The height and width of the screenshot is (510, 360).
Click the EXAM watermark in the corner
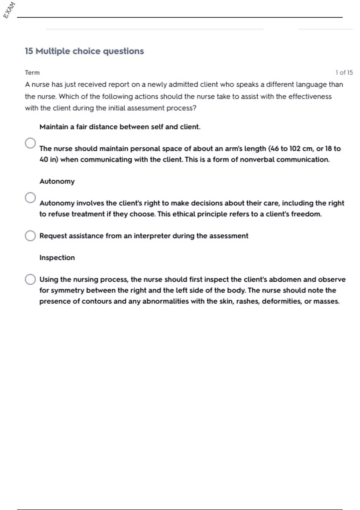coord(9,10)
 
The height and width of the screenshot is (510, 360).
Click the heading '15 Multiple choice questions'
coord(84,51)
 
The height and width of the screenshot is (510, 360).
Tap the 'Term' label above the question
coord(32,73)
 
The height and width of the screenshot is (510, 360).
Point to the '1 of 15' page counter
coord(344,73)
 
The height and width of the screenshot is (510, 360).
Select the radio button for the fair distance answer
coord(30,143)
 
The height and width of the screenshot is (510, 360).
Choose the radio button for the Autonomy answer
coord(30,198)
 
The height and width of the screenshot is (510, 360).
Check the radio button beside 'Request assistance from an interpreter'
coord(30,236)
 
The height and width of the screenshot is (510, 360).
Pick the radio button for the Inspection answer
coord(30,279)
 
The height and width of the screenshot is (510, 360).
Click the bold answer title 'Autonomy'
coord(57,181)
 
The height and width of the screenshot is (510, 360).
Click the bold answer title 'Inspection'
coord(57,258)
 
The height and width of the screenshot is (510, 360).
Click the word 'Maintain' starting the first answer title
coord(54,127)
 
